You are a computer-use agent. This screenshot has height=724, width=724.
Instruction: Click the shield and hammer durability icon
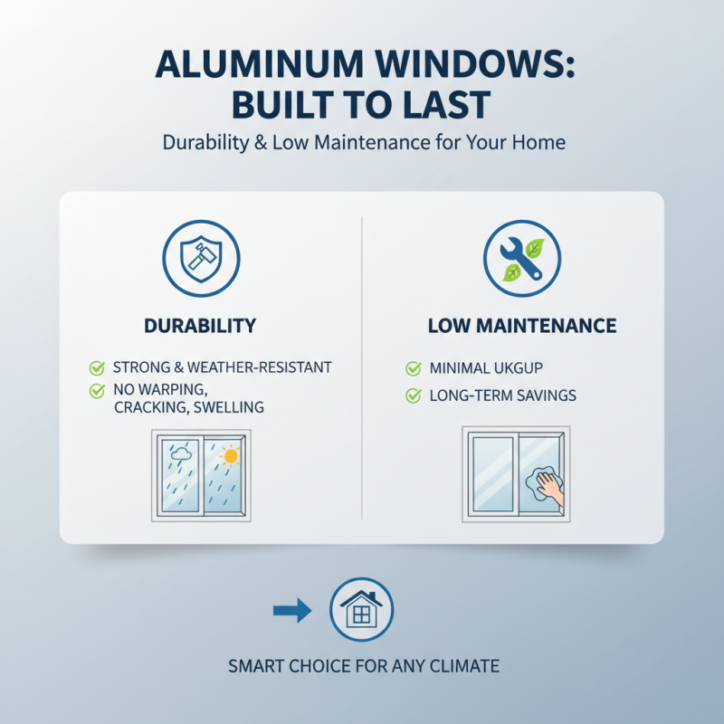201,258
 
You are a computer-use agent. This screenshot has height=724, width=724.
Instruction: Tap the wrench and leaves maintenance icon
522,258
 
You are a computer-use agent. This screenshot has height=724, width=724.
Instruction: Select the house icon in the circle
361,613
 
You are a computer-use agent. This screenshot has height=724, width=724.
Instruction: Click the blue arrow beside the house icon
291,613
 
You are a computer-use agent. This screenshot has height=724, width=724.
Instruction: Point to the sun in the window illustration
230,456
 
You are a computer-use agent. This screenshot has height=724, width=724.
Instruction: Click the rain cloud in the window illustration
181,452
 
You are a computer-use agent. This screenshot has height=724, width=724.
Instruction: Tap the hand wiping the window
547,486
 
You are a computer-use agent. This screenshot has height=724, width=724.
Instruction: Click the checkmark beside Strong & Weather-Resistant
95,367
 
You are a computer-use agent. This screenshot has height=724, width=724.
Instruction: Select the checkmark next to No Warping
95,390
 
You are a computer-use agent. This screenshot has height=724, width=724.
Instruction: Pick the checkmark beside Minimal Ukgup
414,368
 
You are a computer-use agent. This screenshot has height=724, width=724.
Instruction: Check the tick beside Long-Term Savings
414,395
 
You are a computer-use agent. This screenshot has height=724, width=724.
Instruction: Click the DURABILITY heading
201,326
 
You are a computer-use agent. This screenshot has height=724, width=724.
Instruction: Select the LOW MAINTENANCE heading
522,326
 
